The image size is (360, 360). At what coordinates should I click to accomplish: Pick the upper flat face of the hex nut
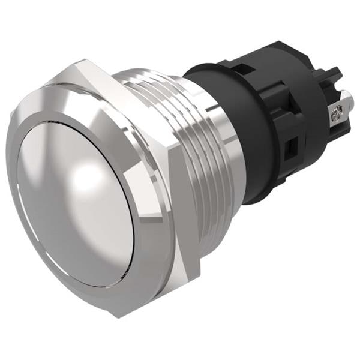(x=129, y=84)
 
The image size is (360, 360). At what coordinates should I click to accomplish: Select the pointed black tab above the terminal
(x=334, y=78)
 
